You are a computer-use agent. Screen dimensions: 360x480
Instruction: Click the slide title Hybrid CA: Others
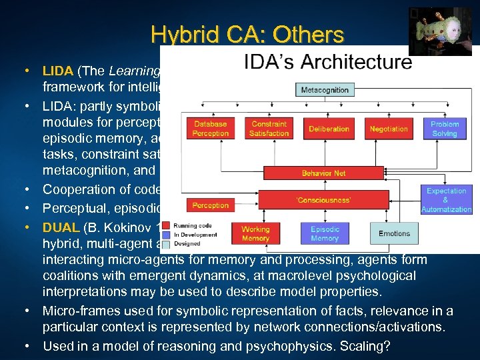[247, 34]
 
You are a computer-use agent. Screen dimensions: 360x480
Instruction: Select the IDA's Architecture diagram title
[327, 63]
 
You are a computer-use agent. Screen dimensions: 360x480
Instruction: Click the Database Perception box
[211, 129]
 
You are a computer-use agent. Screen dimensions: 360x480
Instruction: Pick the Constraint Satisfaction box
[269, 129]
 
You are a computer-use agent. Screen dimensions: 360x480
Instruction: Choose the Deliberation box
[329, 129]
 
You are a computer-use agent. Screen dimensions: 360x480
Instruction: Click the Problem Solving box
[445, 129]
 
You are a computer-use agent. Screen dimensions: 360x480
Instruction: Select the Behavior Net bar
[323, 173]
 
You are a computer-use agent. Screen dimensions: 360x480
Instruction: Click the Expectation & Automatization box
[446, 199]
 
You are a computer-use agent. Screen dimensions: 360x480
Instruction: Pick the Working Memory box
[255, 233]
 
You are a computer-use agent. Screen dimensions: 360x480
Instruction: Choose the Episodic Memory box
[324, 233]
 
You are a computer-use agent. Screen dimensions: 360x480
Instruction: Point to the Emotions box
[394, 233]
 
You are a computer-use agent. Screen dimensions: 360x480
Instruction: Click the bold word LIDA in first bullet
[56, 71]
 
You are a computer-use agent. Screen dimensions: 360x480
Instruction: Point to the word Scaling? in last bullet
[374, 345]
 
